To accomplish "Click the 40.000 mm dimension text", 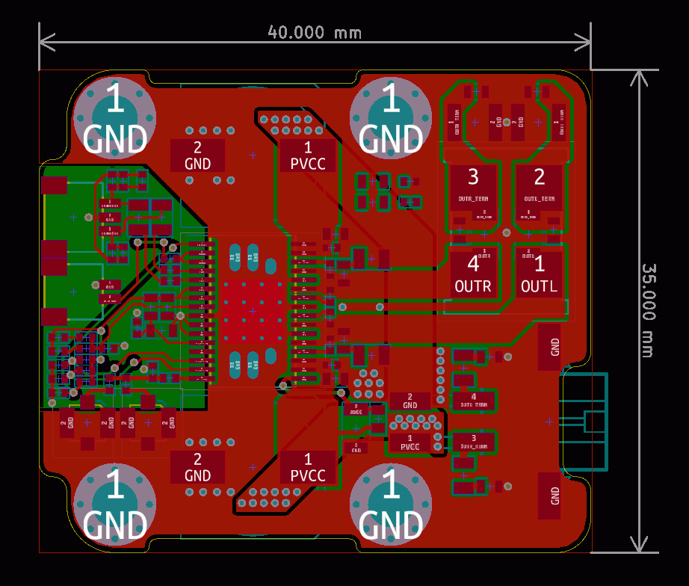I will pos(315,32).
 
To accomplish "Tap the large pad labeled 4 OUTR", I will pos(473,273).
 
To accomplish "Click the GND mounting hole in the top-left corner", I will pos(115,118).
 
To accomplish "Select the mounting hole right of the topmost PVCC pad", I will pos(391,118).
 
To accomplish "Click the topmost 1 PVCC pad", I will pos(308,155).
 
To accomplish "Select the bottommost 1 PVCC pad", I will pos(308,467).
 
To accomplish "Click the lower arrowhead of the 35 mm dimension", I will pos(638,550).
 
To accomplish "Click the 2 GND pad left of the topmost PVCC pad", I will pos(197,155).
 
